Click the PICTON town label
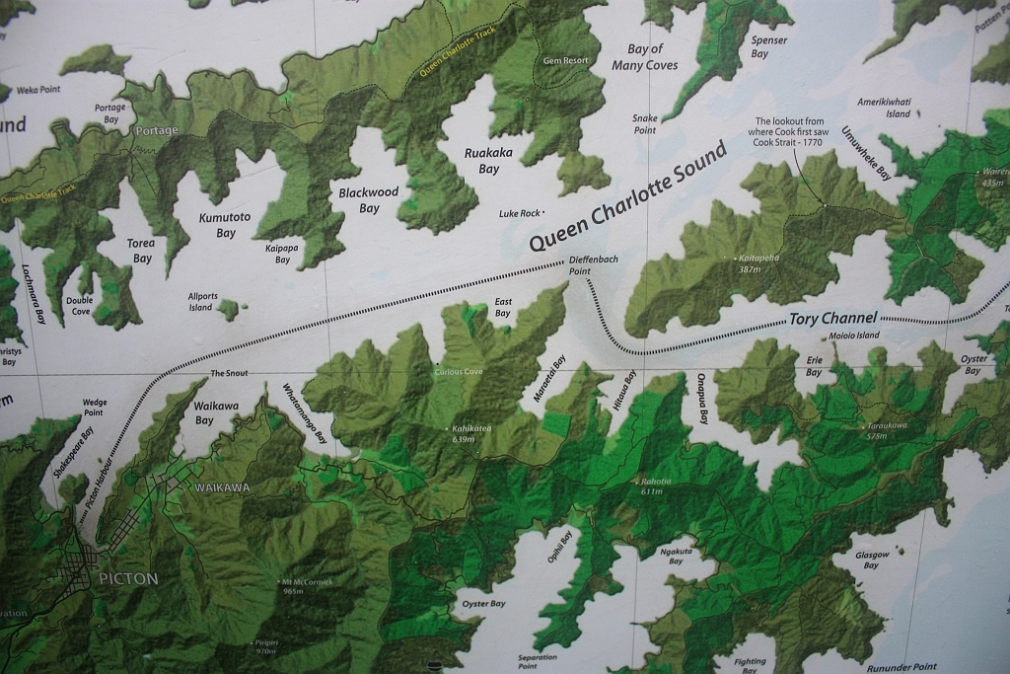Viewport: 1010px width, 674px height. pyautogui.click(x=127, y=578)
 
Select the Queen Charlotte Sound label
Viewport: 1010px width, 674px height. pyautogui.click(x=627, y=196)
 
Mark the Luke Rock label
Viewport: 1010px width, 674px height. pyautogui.click(x=521, y=213)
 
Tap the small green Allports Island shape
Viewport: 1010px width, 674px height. pyautogui.click(x=229, y=310)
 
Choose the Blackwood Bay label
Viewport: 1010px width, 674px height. pyautogui.click(x=369, y=200)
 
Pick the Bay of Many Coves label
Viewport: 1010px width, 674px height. pyautogui.click(x=644, y=57)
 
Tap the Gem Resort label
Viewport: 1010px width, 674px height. pyautogui.click(x=566, y=60)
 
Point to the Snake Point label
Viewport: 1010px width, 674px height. pyautogui.click(x=644, y=123)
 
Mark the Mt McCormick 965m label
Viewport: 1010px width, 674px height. pyautogui.click(x=307, y=586)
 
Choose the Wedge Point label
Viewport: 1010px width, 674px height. pyautogui.click(x=94, y=407)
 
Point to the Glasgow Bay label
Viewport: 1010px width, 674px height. pyautogui.click(x=871, y=560)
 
